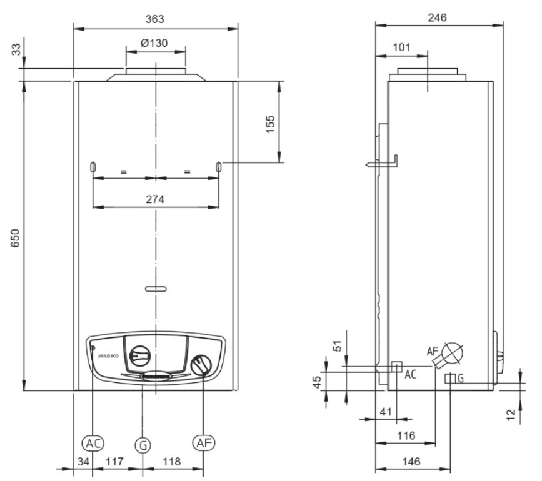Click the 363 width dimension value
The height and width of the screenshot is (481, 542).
[x=155, y=19]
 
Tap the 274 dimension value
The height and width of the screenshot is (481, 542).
[x=155, y=199]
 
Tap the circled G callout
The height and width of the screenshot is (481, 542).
[x=143, y=444]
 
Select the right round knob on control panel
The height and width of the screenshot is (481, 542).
[x=202, y=364]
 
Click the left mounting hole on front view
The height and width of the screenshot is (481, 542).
[x=92, y=167]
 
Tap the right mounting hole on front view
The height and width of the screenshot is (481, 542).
[x=219, y=167]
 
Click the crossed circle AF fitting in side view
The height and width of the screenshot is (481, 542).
[x=453, y=352]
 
